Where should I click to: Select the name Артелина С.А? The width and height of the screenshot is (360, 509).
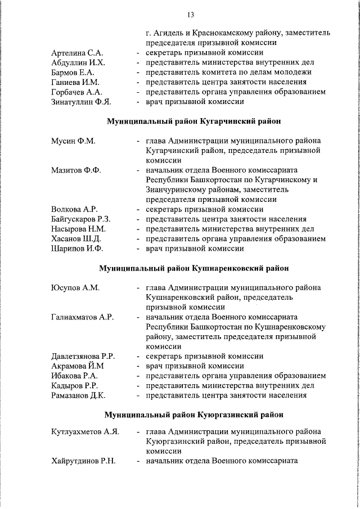click(x=75, y=52)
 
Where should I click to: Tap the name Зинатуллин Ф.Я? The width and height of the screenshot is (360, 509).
click(x=81, y=102)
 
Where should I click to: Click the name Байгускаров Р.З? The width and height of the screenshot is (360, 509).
click(x=80, y=219)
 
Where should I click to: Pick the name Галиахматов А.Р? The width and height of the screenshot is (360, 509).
click(x=82, y=317)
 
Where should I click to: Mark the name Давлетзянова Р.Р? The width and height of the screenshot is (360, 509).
click(x=83, y=356)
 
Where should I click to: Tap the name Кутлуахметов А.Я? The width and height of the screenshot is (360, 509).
click(x=85, y=431)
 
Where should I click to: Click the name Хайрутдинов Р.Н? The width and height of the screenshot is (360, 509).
click(x=83, y=461)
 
